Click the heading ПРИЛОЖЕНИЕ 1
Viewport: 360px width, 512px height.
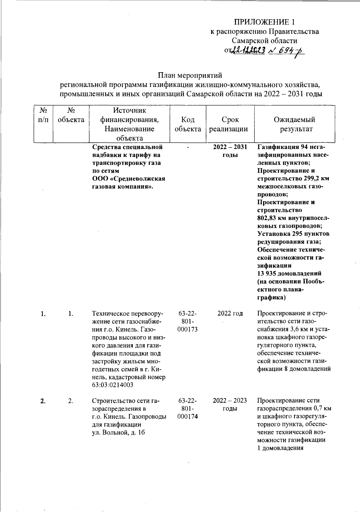(265, 22)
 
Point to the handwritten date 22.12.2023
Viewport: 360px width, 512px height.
(248, 51)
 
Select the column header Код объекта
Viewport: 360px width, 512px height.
(188, 124)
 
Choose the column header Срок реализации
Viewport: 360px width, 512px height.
(230, 124)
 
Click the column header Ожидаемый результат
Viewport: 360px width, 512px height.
(294, 124)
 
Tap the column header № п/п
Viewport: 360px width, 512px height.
(44, 115)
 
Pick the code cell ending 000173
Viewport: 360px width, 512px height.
(188, 329)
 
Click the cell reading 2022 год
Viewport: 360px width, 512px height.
(230, 314)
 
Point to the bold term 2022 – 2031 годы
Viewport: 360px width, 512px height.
(230, 151)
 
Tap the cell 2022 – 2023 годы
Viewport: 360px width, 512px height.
(230, 404)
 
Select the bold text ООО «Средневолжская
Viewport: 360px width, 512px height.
(129, 179)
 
